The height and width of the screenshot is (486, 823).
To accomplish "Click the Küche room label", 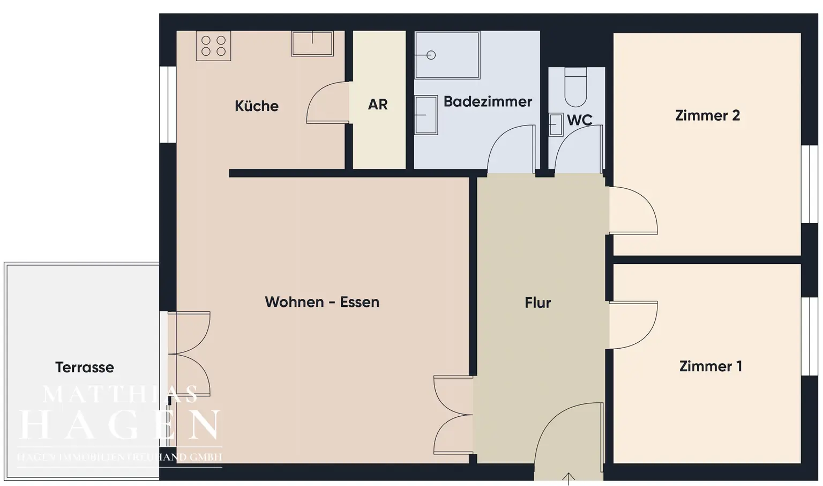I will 256,106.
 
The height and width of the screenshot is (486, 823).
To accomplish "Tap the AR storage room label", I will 378,104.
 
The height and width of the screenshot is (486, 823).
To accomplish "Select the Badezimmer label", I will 488,101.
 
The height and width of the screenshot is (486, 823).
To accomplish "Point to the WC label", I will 580,120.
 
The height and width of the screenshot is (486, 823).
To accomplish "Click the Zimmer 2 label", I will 707,115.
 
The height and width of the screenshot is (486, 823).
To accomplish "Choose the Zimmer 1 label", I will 710,366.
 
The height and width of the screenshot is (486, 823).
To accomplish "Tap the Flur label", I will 538,303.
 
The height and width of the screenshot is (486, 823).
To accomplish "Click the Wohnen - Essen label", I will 322,302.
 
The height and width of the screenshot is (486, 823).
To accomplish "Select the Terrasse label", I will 85,367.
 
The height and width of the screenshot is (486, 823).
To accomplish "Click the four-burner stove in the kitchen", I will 213,46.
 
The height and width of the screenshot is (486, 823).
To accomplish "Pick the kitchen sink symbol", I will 312,43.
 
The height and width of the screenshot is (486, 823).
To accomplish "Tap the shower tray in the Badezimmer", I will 447,55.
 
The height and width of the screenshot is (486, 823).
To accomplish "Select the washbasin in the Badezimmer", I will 427,115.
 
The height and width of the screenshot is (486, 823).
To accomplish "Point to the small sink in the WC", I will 556,124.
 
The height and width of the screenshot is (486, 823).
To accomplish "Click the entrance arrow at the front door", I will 568,477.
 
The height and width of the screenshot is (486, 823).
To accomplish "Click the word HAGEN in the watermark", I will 120,425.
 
